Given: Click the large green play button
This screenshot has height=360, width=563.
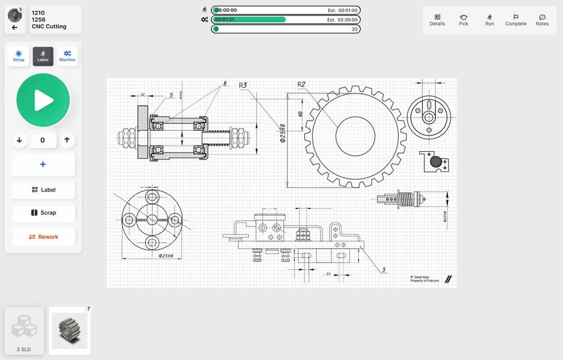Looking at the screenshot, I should pos(43,100).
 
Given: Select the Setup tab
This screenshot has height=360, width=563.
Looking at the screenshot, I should pos(19,56).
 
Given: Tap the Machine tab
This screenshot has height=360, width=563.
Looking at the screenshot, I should pos(67,56).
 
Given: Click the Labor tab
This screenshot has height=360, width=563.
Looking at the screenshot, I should pos(43,56).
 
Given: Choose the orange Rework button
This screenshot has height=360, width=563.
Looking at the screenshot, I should pos(43,237).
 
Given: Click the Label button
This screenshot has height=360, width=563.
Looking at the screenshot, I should pos(43,190).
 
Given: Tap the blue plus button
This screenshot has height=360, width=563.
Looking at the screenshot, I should pos(43,165).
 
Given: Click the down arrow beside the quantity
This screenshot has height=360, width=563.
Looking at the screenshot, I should pos(19,140).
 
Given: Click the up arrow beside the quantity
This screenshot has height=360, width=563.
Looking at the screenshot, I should pos(67,140).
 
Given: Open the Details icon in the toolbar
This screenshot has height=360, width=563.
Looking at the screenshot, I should pos(437,20).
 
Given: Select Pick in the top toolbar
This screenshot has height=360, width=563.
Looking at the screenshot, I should pos(463,20).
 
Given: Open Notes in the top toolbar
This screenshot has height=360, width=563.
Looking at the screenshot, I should pos(542,20).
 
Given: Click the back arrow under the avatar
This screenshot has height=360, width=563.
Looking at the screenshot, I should pos(15,28).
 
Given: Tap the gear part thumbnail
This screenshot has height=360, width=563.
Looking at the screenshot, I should pos(70,331).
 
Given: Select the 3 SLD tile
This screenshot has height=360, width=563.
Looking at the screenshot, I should pos(25,331).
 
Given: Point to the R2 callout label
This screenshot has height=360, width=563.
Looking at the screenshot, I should pos(301,84).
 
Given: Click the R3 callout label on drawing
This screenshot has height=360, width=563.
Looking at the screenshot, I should pos(243,85).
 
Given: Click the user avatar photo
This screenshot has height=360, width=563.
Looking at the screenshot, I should pos(15,15).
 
